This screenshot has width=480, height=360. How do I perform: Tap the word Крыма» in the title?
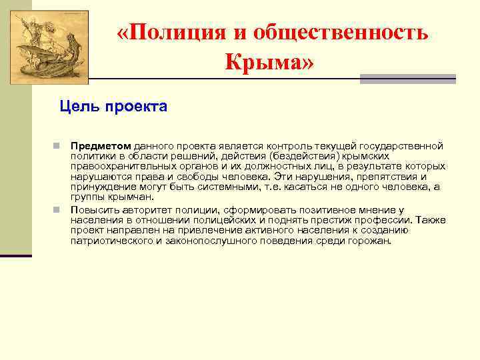(x=269, y=63)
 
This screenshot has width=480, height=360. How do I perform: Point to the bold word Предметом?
(x=101, y=145)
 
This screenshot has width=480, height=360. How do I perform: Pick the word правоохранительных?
(x=122, y=166)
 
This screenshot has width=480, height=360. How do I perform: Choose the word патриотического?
(x=111, y=241)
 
